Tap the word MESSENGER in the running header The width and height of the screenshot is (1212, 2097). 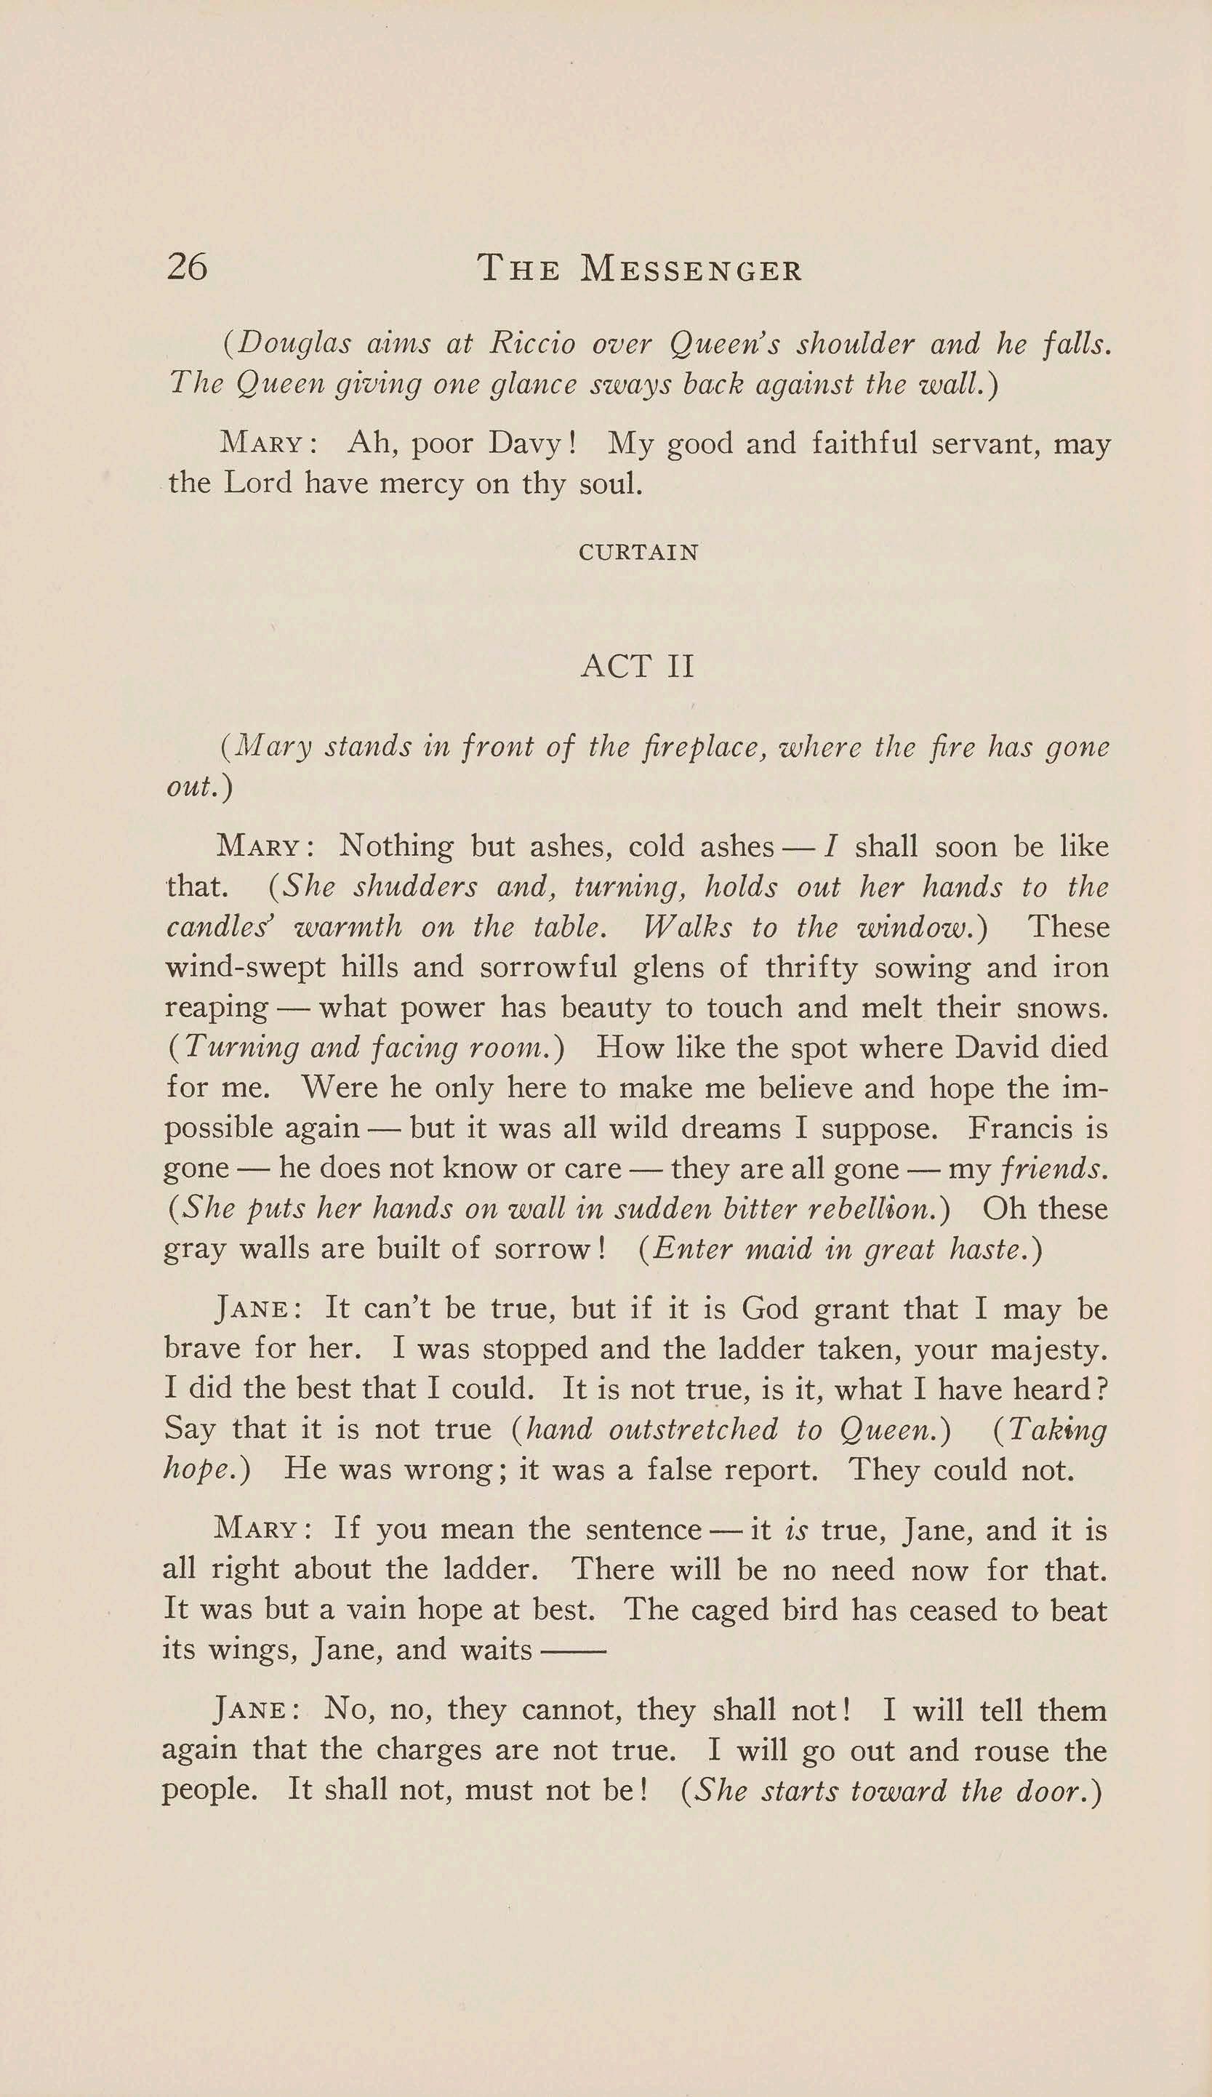pos(691,269)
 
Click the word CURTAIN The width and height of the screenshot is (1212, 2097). pos(639,553)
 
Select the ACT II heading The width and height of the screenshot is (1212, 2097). pos(637,667)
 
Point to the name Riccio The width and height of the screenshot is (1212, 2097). pos(533,344)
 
